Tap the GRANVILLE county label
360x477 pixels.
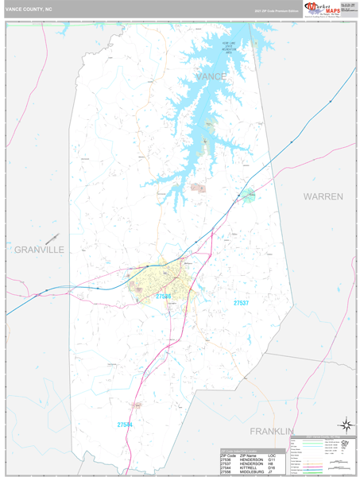coord(39,250)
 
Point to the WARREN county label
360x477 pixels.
coord(322,196)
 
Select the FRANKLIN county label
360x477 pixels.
coord(272,430)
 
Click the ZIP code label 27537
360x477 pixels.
coord(242,303)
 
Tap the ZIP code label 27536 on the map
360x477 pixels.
coord(164,296)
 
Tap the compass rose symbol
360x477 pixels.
coord(345,425)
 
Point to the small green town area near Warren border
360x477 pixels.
coord(250,194)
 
